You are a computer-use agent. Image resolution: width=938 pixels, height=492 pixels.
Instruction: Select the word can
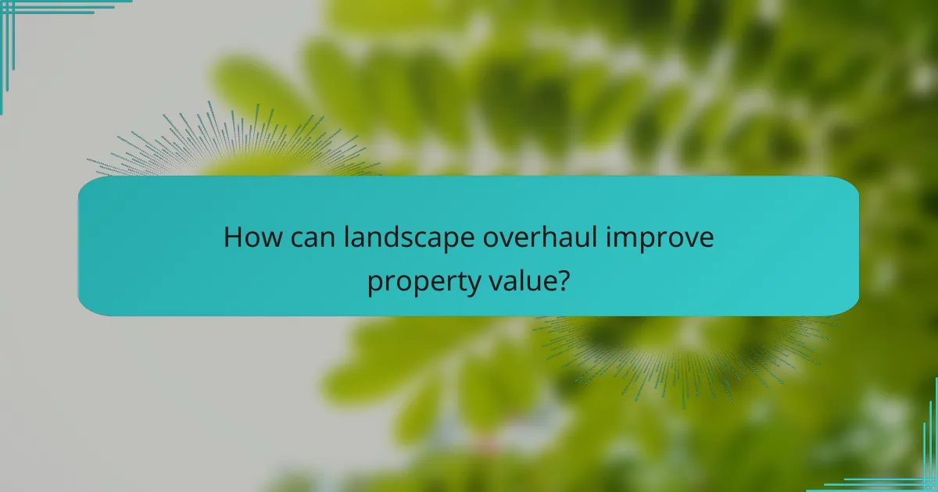[x=307, y=237]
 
